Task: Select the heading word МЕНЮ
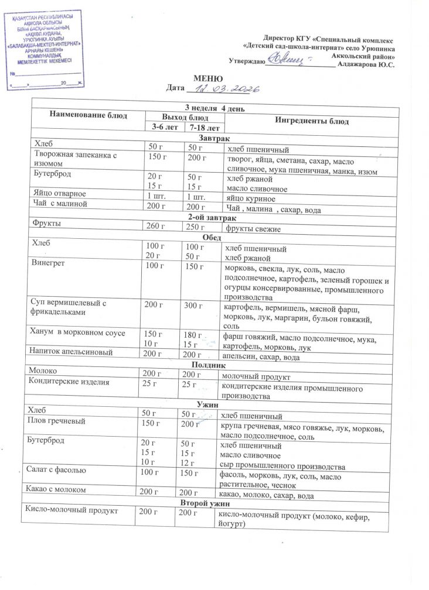click(x=208, y=78)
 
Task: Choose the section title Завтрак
click(x=211, y=137)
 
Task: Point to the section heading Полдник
click(x=211, y=364)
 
